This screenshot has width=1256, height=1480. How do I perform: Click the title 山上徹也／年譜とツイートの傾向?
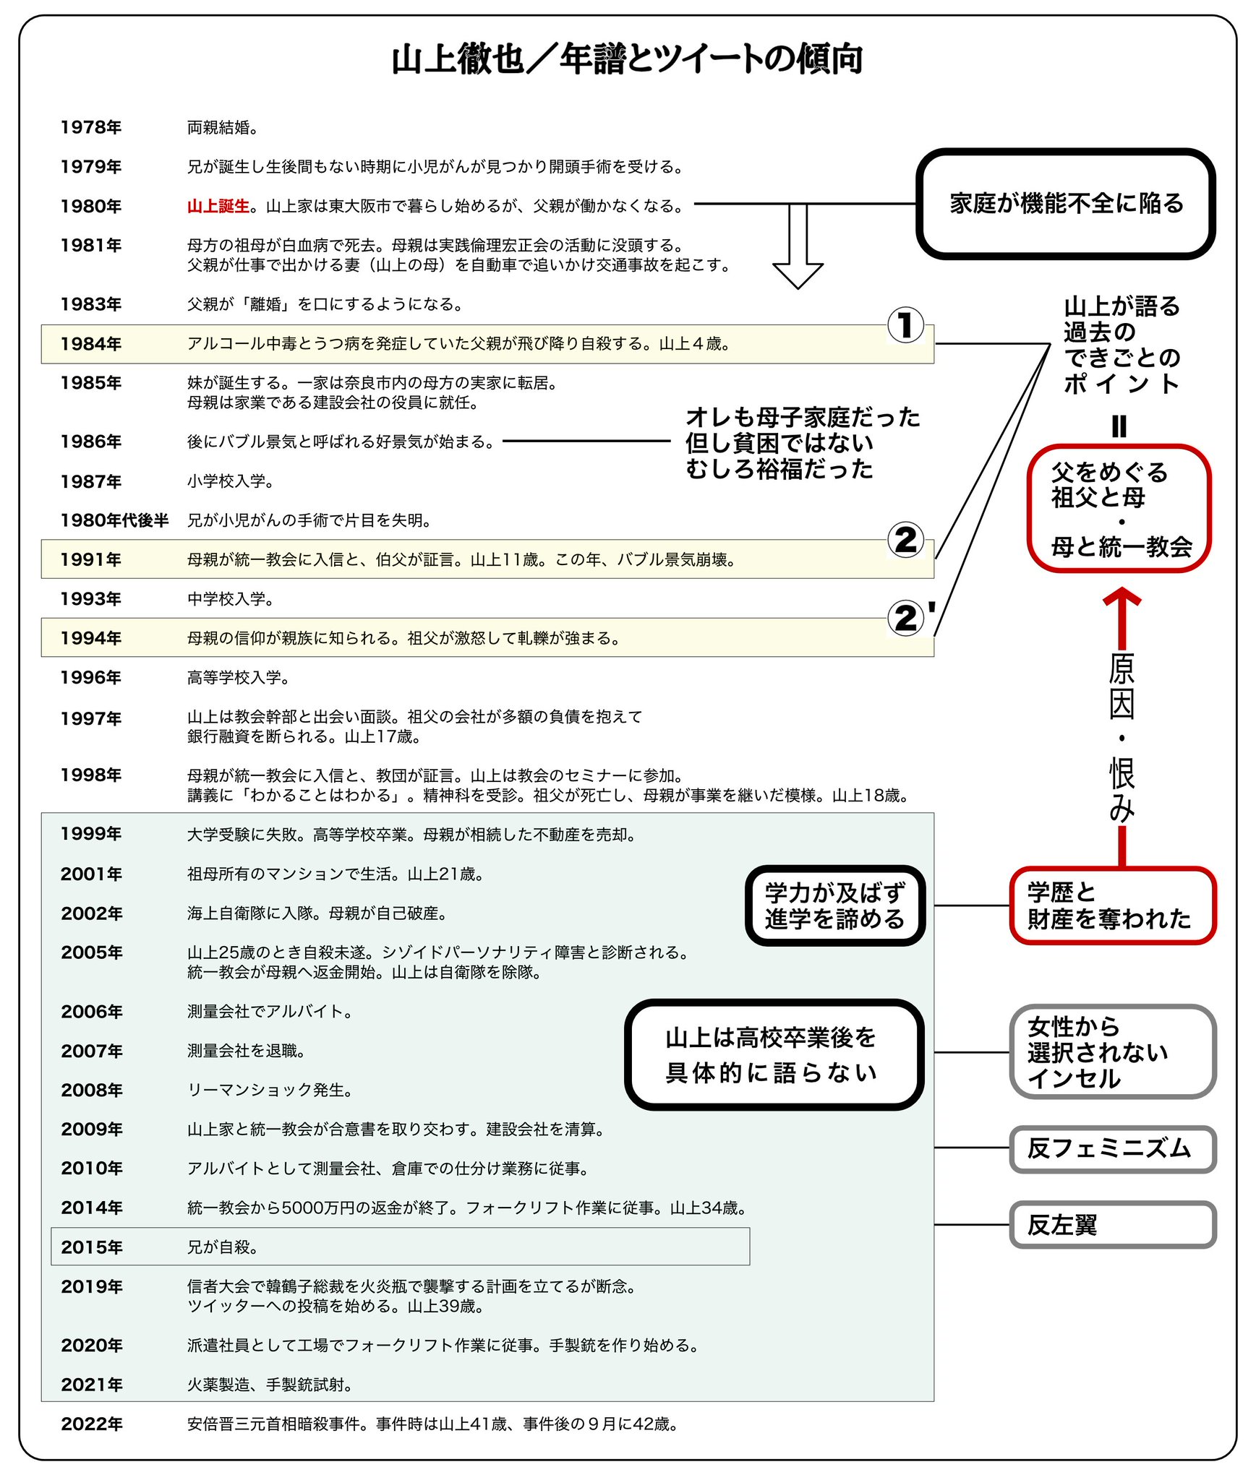point(627,60)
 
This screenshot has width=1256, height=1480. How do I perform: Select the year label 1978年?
point(91,128)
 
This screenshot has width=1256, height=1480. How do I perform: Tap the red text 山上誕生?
point(218,207)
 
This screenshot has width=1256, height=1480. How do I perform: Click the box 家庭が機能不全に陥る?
point(1066,204)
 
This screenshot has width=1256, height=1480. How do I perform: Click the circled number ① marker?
point(905,325)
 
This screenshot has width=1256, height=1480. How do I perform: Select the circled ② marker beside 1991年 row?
point(905,540)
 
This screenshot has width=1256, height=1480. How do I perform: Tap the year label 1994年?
point(91,638)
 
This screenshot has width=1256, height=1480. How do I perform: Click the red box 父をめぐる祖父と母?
point(1119,509)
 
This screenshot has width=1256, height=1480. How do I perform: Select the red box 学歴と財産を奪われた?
point(1112,905)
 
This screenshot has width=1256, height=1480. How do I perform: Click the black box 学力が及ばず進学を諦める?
point(835,905)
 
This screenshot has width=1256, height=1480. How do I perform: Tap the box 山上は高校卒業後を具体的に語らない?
point(774,1054)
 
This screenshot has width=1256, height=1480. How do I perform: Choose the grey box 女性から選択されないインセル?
point(1112,1052)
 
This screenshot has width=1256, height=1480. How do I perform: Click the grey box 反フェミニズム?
point(1112,1148)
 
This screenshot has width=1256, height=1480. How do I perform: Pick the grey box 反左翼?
point(1112,1225)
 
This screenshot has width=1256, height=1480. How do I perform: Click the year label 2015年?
point(92,1247)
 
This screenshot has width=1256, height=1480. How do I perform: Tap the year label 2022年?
point(92,1424)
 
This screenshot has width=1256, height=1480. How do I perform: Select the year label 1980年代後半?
point(114,520)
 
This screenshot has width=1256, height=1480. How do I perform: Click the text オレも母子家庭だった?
point(802,418)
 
